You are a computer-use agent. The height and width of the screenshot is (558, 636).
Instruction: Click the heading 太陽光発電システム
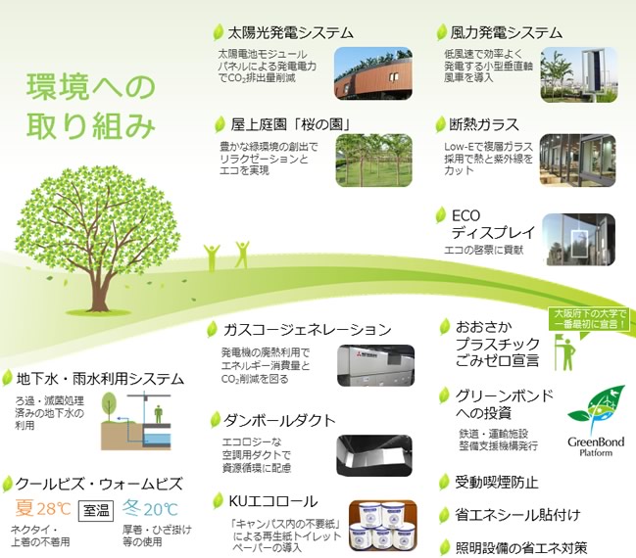pos(290,32)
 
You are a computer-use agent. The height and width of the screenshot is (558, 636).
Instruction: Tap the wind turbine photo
pos(579,75)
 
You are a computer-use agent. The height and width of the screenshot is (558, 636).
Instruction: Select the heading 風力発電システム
pos(506,32)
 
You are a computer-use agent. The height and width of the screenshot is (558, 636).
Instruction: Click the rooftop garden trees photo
pos(373,161)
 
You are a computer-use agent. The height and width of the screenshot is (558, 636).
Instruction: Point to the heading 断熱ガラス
pos(484,124)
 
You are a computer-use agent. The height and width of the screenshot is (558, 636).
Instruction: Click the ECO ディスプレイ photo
pos(578,240)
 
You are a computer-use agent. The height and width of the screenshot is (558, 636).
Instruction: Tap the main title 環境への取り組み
pos(91,106)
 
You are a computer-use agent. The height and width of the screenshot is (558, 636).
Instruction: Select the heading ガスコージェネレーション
pos(307,330)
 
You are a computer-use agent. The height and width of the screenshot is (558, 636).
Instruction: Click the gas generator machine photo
pos(375,365)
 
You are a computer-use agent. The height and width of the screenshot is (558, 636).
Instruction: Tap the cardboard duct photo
pos(374,455)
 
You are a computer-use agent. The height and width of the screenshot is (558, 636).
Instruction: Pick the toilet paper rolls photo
pos(382,526)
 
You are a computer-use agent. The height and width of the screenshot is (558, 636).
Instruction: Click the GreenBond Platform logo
pos(596,422)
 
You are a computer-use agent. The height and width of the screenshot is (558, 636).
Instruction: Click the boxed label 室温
pos(96,511)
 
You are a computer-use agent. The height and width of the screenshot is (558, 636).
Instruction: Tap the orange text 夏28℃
pos(43,508)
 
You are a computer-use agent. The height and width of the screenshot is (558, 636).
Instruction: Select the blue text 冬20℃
pos(150,508)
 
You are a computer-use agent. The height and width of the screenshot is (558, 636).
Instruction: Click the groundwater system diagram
pos(136,421)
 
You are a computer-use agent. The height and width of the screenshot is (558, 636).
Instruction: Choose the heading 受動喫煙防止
pos(497,483)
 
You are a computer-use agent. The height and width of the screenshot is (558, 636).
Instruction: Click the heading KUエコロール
pos(273,501)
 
